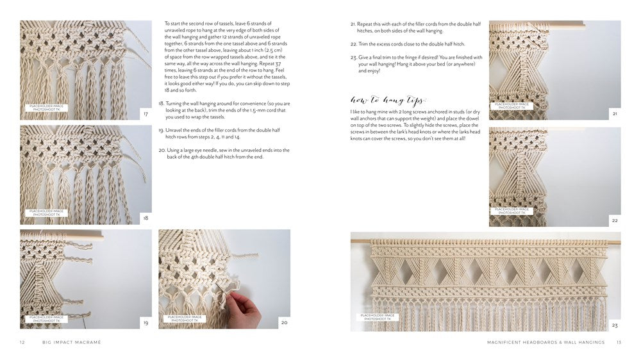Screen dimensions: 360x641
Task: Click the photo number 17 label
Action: pos(146,114)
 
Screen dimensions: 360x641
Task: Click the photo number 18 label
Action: pos(146,218)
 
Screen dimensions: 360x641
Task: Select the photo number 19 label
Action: pos(146,323)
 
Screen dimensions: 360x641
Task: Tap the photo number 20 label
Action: pos(284,323)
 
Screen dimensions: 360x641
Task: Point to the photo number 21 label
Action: pos(615,114)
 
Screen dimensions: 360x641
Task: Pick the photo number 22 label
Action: pos(615,220)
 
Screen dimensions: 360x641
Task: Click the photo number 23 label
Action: pos(615,325)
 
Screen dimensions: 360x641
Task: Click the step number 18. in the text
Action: pos(161,103)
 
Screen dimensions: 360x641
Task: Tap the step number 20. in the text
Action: pos(161,150)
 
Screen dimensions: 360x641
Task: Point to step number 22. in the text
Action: pos(353,44)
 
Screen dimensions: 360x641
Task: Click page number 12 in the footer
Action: pos(22,343)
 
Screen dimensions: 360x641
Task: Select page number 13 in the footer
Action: pos(619,343)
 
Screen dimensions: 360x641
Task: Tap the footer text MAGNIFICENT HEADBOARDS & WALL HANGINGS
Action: pos(545,343)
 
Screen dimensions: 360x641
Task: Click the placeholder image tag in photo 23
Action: pos(378,317)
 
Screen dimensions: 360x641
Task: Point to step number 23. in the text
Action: pos(353,58)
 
